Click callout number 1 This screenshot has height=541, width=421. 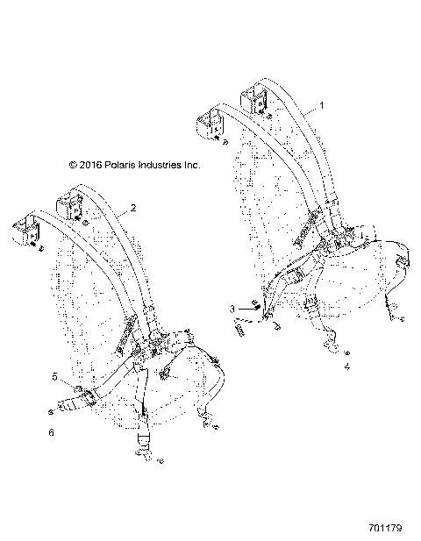[x=321, y=104]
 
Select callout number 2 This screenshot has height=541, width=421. [x=133, y=209]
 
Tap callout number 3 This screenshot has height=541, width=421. [x=232, y=309]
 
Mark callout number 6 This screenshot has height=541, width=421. [x=52, y=433]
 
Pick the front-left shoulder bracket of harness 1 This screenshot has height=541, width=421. [x=209, y=123]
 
